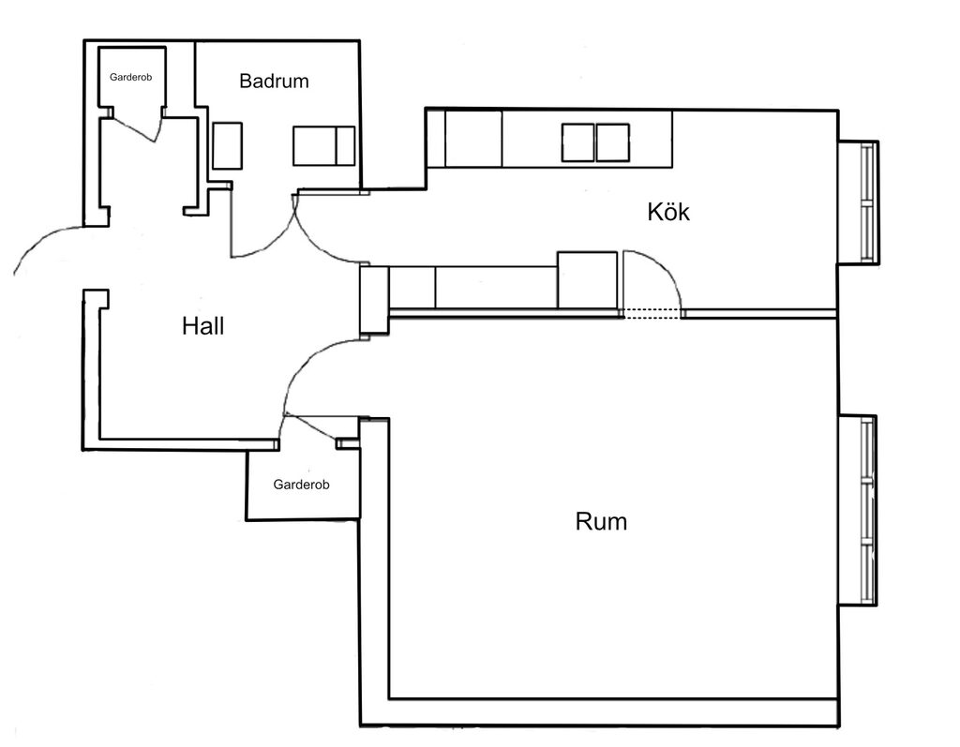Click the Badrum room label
[274, 81]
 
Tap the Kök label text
[668, 212]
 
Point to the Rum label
[601, 521]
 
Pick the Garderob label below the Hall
[301, 485]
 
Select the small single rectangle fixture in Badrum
[228, 145]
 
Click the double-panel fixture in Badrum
[323, 145]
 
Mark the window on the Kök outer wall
[867, 202]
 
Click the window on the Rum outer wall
[867, 510]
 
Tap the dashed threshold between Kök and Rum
[653, 314]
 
